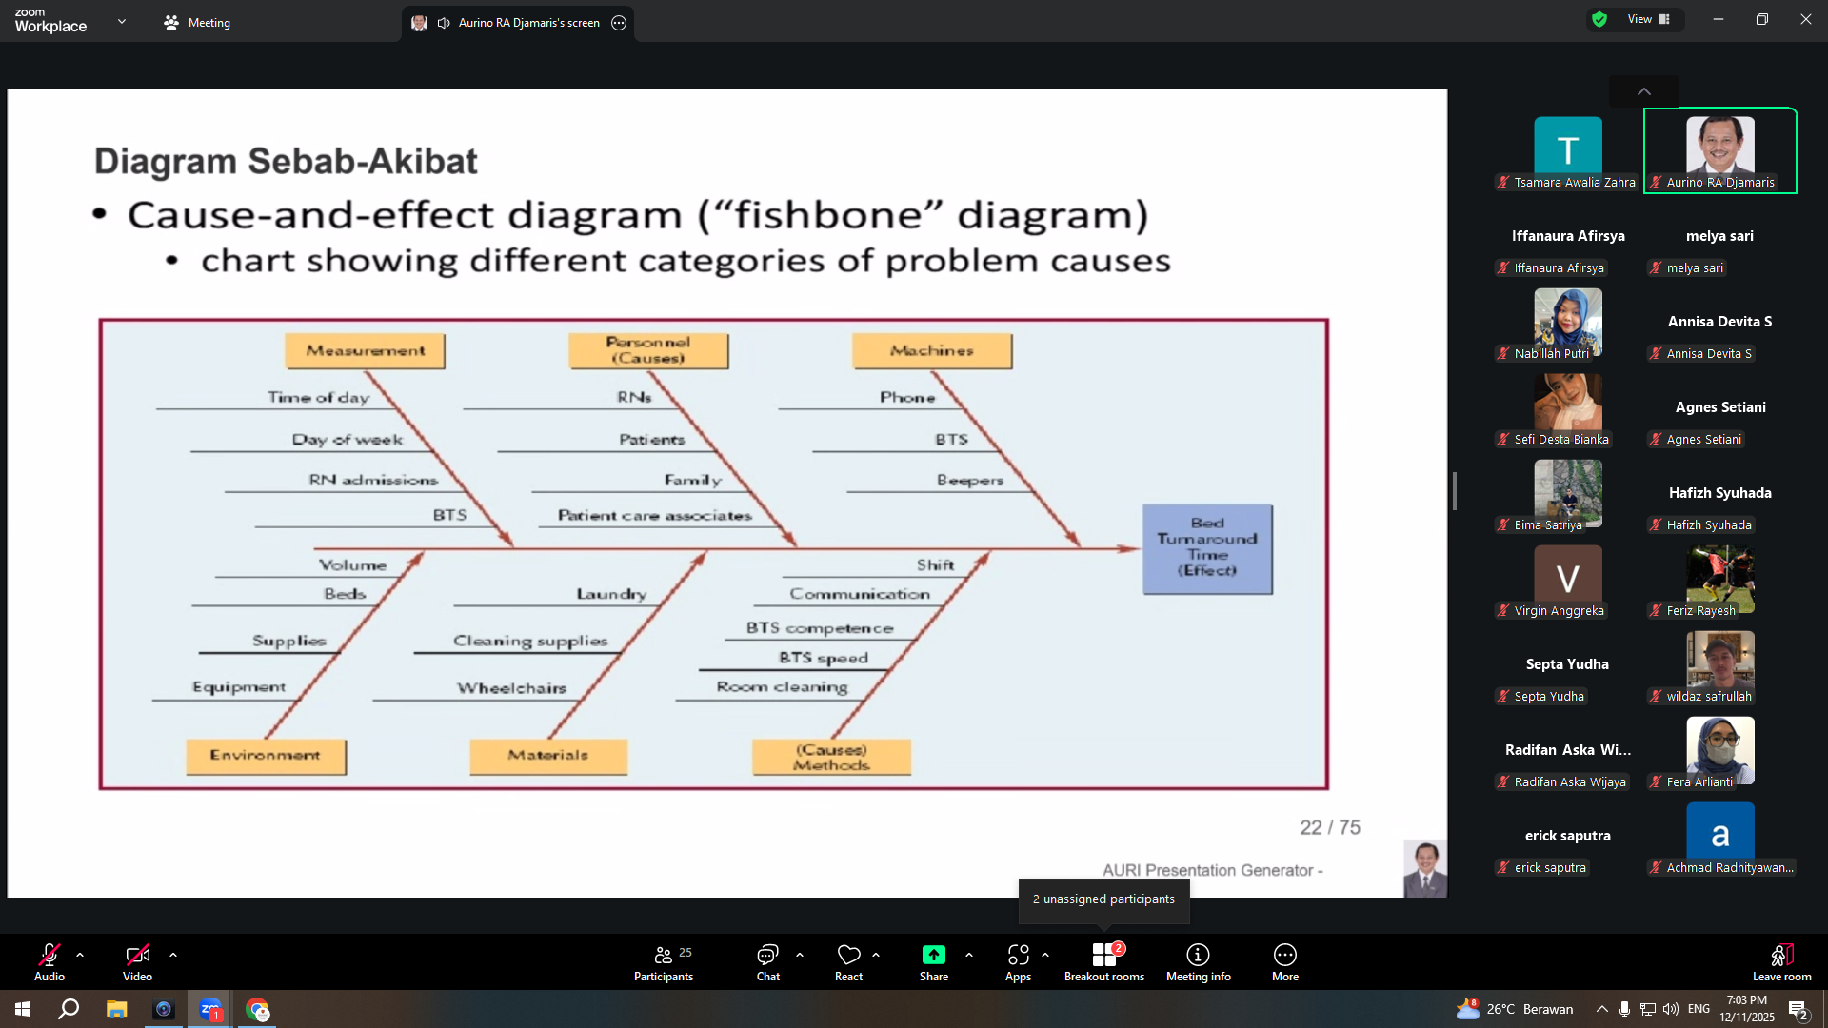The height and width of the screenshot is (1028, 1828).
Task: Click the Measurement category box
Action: [x=365, y=351]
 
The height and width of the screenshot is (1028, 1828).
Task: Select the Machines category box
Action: [x=932, y=351]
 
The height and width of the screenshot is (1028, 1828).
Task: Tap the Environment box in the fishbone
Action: [x=266, y=756]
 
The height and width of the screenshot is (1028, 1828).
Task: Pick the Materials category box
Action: [x=548, y=756]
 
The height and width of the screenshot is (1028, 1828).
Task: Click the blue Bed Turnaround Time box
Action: [x=1207, y=549]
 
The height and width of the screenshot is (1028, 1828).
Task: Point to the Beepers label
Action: [x=969, y=481]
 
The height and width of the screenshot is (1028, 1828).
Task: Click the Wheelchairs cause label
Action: [x=511, y=688]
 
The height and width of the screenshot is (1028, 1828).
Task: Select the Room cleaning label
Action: [x=782, y=686]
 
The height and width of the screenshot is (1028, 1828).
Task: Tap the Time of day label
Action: [x=318, y=398]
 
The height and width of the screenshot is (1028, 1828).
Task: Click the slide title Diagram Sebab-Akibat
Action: [x=286, y=162]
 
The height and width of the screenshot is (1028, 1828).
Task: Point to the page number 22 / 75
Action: [x=1330, y=827]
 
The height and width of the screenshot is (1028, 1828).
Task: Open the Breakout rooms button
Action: [x=1104, y=961]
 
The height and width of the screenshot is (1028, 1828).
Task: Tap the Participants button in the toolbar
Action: [x=664, y=961]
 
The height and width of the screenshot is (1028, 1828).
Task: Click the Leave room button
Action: [x=1781, y=961]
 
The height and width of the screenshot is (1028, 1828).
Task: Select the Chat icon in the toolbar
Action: [x=767, y=955]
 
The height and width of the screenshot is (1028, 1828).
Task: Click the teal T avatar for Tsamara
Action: [x=1567, y=146]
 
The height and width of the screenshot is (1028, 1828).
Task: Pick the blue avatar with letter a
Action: [x=1719, y=831]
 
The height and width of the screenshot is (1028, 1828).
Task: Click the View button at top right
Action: [x=1648, y=19]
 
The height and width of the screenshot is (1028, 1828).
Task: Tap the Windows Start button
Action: [x=23, y=1009]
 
